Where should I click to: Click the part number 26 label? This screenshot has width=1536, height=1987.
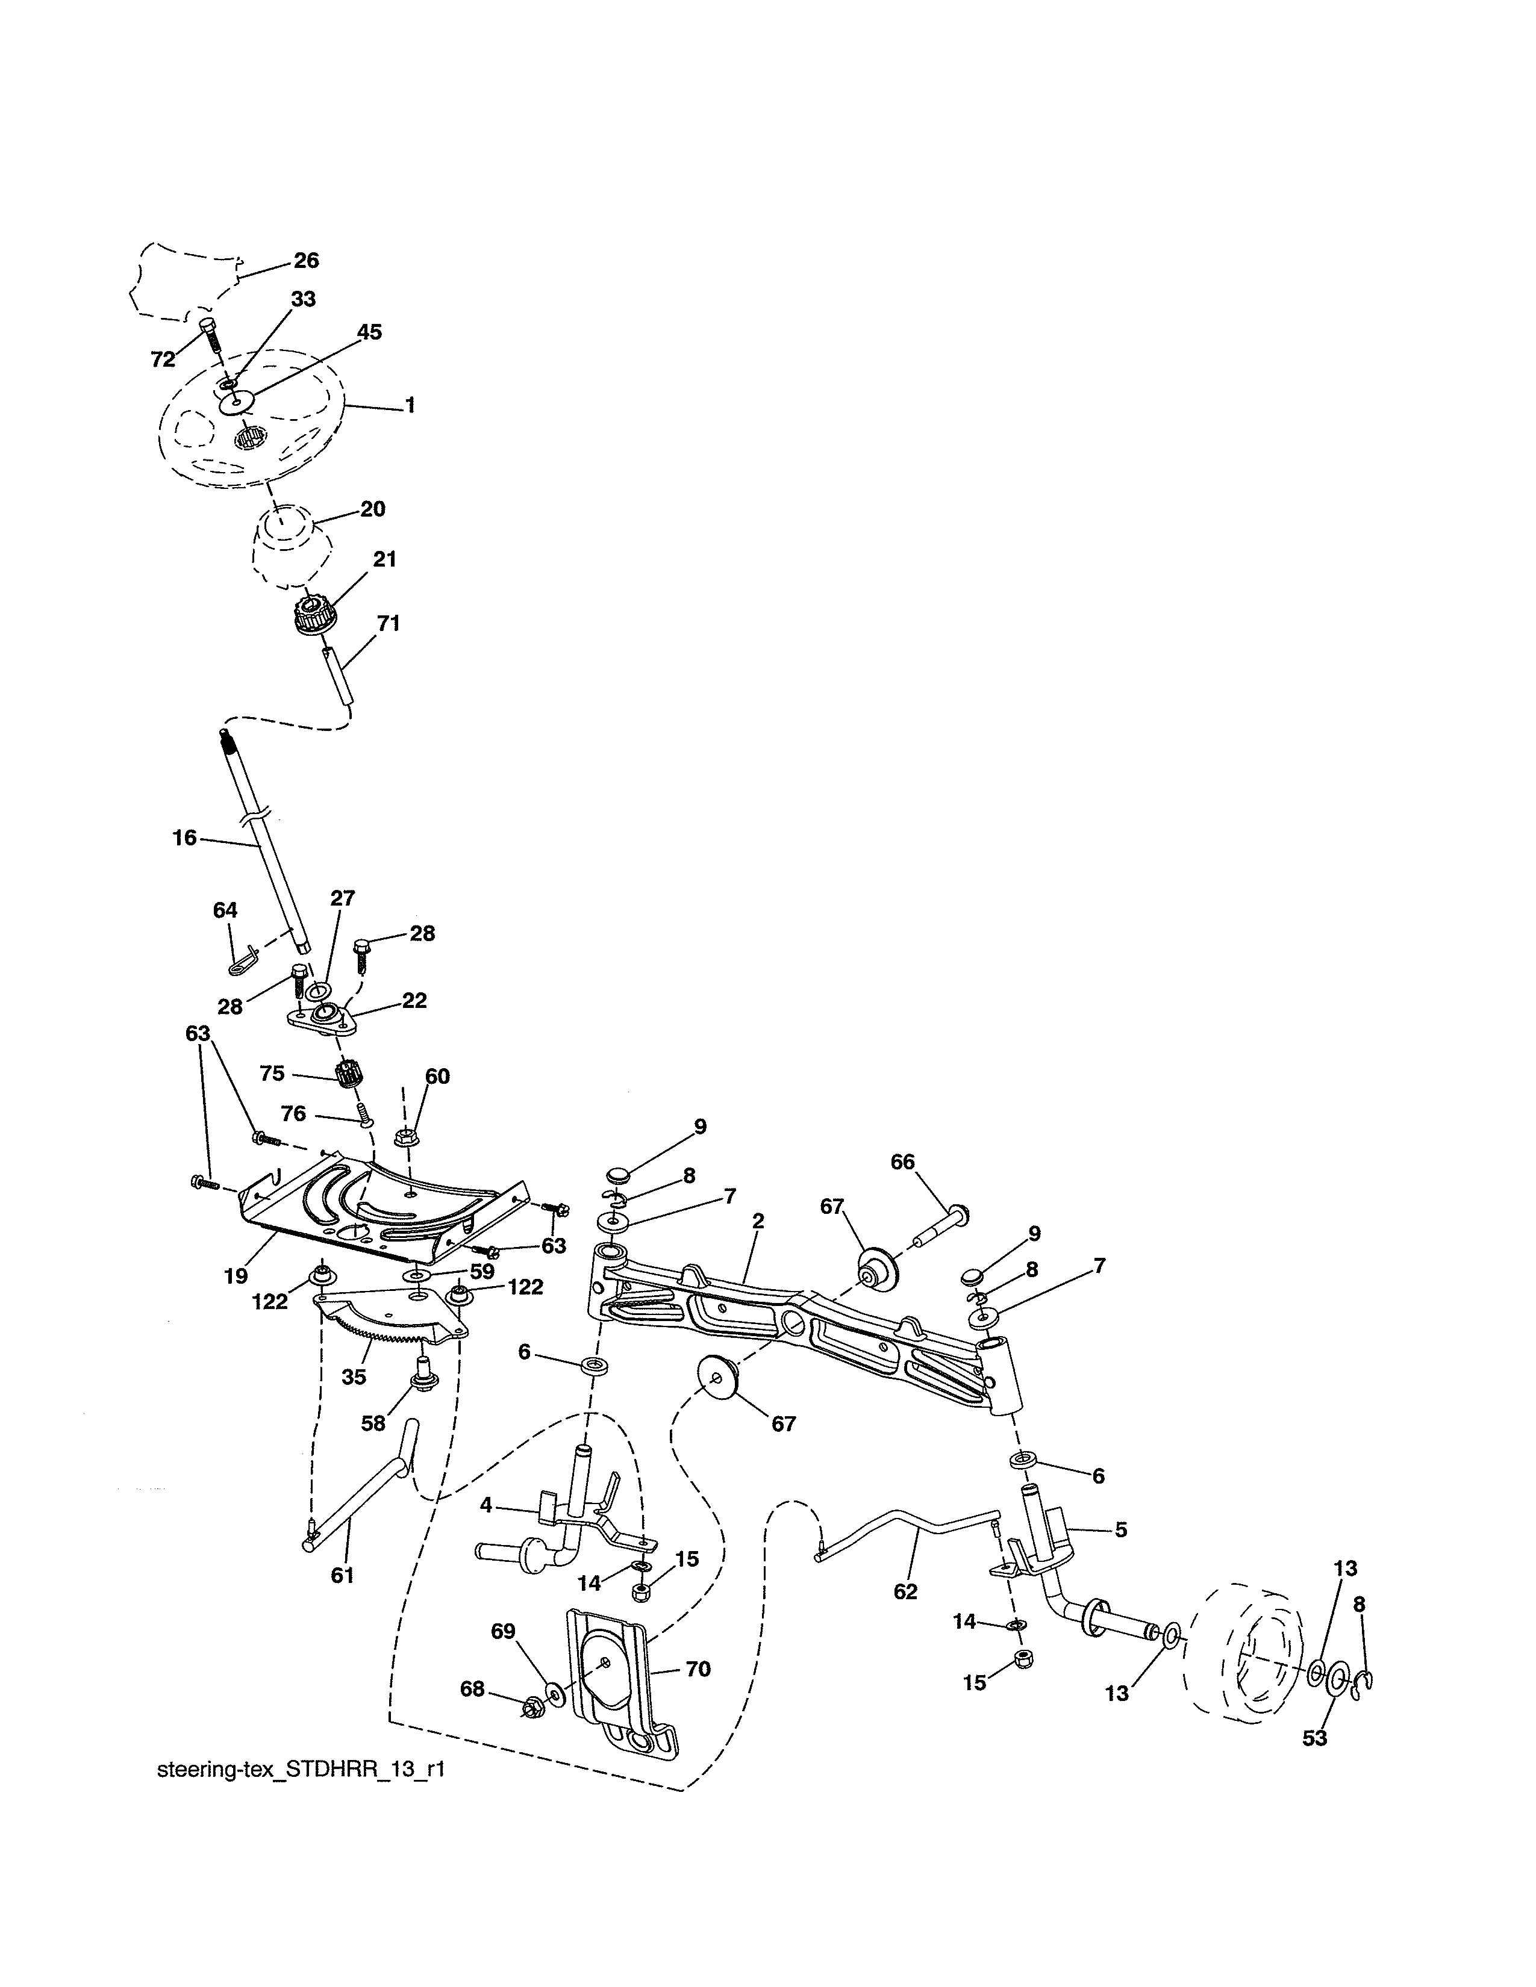(x=306, y=261)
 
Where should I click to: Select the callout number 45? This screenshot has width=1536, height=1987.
(x=369, y=332)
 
